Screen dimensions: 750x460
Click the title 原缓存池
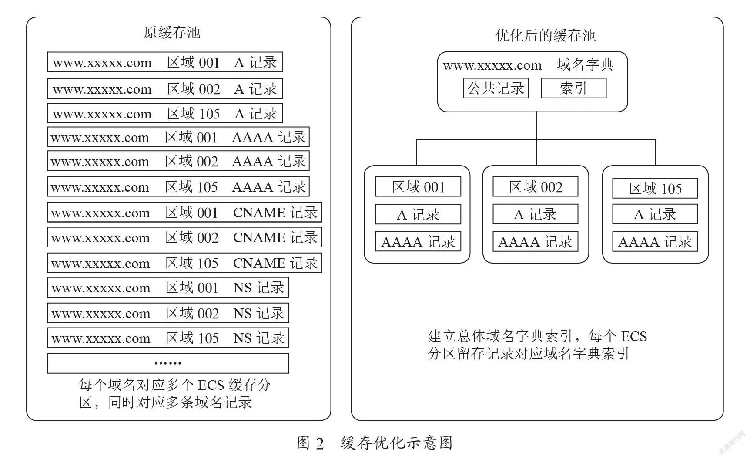click(172, 33)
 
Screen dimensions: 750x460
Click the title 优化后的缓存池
click(546, 35)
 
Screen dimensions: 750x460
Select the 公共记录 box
click(496, 88)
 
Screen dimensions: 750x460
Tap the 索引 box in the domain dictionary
click(573, 88)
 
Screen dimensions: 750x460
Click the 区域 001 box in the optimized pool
click(418, 187)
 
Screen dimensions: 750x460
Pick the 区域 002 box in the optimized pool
click(536, 187)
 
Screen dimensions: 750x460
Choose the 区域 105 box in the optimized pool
click(655, 188)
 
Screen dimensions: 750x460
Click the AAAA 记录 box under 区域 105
click(655, 241)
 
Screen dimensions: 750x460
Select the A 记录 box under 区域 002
click(536, 214)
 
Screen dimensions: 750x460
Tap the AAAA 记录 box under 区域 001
click(418, 241)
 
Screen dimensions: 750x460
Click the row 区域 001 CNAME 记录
click(184, 212)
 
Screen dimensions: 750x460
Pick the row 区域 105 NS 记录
click(168, 338)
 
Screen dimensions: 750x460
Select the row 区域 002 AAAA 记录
click(178, 161)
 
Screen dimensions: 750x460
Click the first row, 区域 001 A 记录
click(165, 62)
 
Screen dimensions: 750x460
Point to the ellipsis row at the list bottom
click(168, 363)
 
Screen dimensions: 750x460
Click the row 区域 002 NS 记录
click(168, 313)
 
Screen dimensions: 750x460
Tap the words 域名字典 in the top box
click(585, 65)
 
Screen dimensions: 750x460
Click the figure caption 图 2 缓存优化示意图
click(375, 443)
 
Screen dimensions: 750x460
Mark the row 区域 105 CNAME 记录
click(184, 263)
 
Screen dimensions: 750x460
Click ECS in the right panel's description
click(634, 336)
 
